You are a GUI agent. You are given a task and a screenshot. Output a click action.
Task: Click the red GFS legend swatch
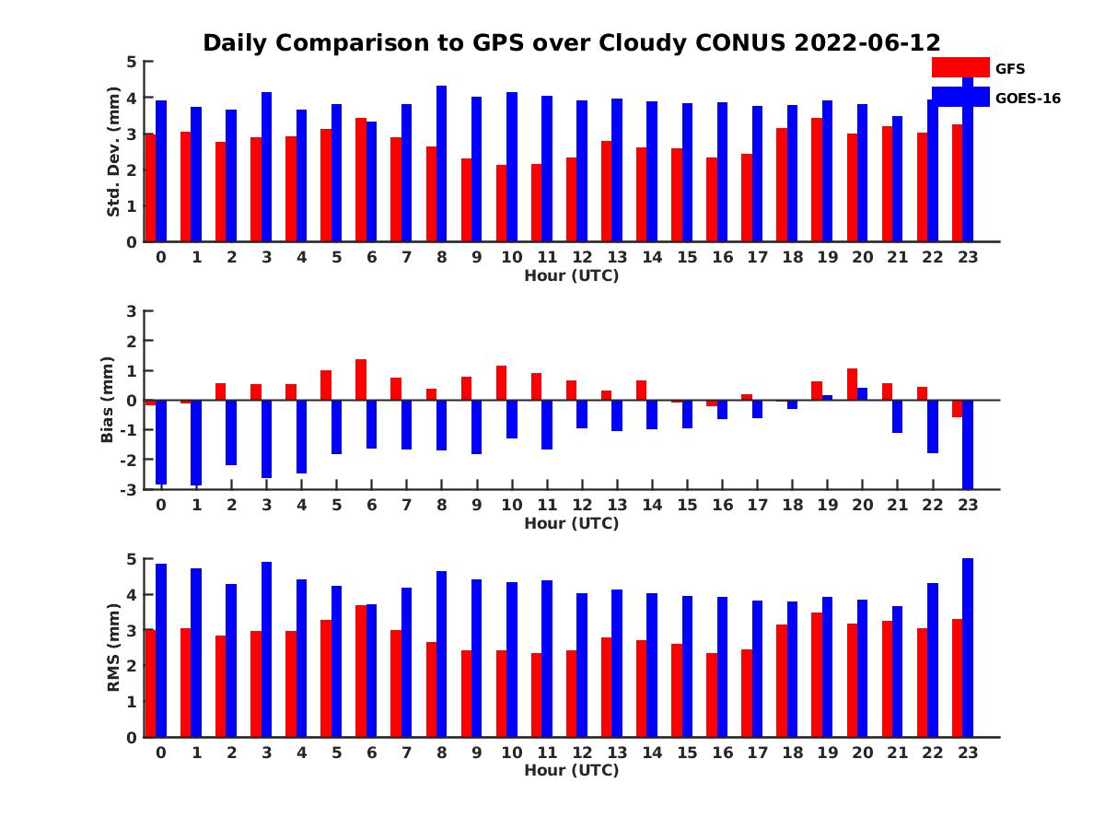click(x=960, y=67)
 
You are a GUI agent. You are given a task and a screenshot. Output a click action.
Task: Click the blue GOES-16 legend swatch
click(x=960, y=97)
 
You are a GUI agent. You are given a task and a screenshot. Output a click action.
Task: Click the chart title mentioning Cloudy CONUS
click(x=571, y=43)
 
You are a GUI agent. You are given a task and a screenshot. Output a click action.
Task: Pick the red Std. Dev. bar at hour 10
click(x=502, y=204)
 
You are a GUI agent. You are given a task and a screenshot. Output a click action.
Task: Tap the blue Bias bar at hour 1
click(x=196, y=442)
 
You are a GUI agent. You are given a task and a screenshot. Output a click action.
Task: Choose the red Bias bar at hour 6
click(x=361, y=379)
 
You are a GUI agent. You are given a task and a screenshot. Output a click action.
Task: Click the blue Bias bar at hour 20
click(x=862, y=394)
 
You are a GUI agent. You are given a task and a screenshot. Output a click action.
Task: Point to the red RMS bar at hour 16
click(x=712, y=695)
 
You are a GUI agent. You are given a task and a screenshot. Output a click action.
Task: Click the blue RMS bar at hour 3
click(x=267, y=649)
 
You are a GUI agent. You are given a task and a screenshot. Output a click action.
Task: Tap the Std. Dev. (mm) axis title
click(x=114, y=152)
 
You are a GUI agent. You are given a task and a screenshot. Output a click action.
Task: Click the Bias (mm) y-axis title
click(x=108, y=400)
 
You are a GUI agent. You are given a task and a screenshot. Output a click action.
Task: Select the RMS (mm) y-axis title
click(x=114, y=648)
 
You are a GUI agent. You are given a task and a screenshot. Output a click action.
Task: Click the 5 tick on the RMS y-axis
click(x=132, y=559)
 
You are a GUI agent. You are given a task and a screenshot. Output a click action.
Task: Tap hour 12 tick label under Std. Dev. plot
click(x=582, y=257)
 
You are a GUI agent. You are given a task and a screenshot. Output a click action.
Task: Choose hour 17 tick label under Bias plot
click(x=757, y=505)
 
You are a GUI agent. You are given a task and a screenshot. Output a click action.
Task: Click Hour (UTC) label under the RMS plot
click(x=571, y=770)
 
